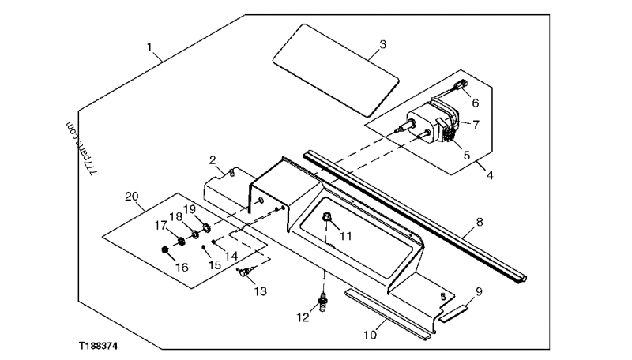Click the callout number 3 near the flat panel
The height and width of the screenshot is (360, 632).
pyautogui.click(x=382, y=44)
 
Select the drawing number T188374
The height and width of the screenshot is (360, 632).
pyautogui.click(x=103, y=346)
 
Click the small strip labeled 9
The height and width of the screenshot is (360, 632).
pyautogui.click(x=453, y=312)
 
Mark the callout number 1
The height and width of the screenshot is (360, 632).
pyautogui.click(x=150, y=47)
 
